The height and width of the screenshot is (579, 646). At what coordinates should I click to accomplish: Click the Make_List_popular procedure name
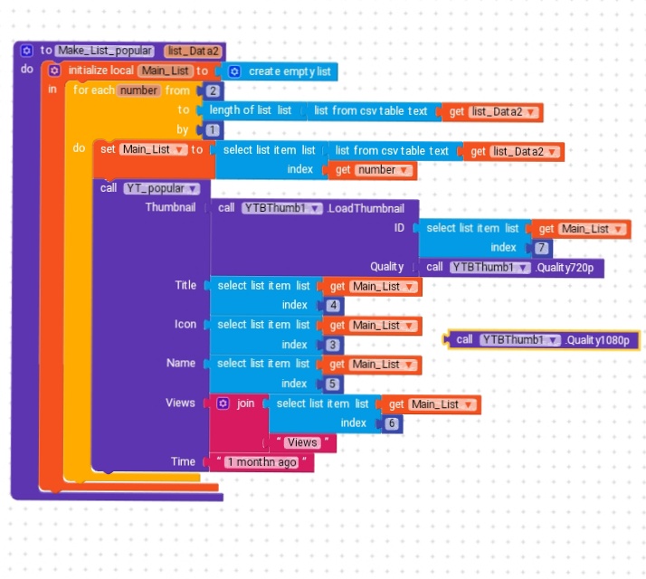pos(105,51)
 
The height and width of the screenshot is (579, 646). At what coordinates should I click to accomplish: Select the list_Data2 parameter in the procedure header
pos(194,51)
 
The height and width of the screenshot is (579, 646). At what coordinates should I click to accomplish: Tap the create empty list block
pos(280,71)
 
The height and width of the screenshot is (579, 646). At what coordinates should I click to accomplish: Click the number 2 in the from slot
pos(213,91)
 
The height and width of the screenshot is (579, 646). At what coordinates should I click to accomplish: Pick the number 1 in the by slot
pos(213,130)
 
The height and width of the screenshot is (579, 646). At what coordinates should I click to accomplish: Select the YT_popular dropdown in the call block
pos(161,189)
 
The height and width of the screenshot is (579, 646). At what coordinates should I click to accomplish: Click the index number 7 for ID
pos(541,248)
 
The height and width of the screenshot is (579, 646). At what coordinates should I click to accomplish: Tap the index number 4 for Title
pos(333,306)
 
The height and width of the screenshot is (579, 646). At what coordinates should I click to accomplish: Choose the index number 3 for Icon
pos(333,345)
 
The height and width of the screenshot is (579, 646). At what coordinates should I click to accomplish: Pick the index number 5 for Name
pos(332,384)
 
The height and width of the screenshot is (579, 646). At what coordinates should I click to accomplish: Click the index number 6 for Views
pos(392,423)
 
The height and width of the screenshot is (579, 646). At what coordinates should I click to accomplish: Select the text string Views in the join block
pos(302,442)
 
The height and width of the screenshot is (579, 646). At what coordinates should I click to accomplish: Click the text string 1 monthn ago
pos(262,462)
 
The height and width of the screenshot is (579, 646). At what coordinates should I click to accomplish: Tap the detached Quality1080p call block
pos(543,340)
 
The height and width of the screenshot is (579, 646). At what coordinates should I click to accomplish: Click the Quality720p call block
pos(511,268)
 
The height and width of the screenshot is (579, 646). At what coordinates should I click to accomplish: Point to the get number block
pos(373,170)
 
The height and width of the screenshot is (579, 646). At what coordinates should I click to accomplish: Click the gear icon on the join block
pos(223,403)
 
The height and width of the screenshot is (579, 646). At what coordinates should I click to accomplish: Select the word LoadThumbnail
pos(366,208)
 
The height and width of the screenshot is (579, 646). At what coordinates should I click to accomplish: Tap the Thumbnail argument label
pos(170,207)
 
